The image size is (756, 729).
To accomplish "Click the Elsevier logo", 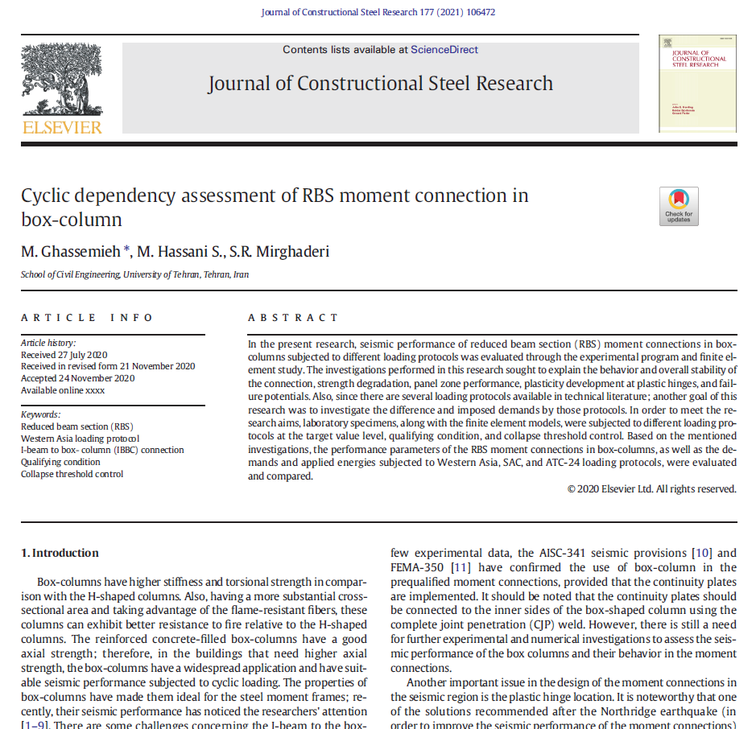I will (x=62, y=89).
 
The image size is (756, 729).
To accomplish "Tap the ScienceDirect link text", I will (x=444, y=50).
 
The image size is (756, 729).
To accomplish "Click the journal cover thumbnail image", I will (x=697, y=83).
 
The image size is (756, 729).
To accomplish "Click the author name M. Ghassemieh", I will (x=71, y=252).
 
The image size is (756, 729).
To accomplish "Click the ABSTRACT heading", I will (x=293, y=318).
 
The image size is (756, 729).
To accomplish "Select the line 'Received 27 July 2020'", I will (x=64, y=355).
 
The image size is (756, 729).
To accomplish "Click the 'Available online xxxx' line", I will (x=63, y=390).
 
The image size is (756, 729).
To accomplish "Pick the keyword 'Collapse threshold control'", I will (x=72, y=474).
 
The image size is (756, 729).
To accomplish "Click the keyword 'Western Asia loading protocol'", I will (x=80, y=439).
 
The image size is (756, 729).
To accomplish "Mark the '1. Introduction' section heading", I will (x=60, y=554).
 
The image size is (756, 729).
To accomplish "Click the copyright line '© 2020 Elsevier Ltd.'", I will (x=651, y=488).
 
